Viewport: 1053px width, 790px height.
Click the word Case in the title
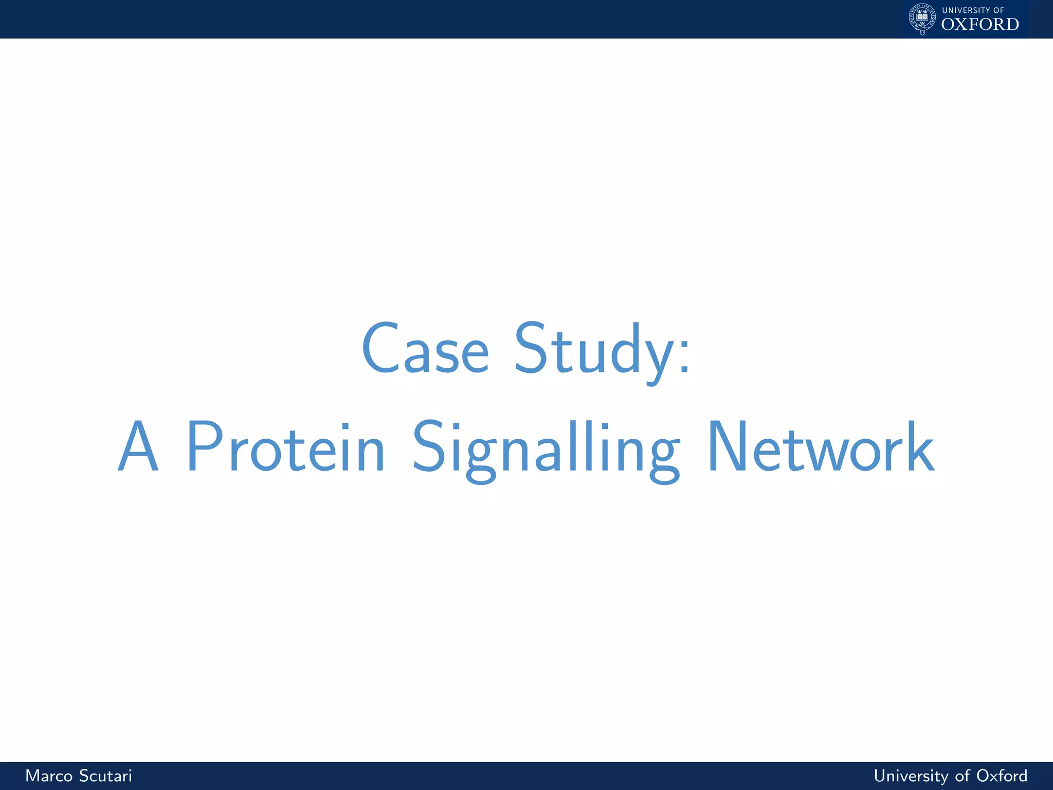coord(425,349)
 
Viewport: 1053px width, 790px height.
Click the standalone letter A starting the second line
coord(138,446)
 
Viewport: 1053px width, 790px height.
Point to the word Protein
coord(285,446)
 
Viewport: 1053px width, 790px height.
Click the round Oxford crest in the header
coord(922,19)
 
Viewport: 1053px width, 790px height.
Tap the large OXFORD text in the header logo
coord(980,24)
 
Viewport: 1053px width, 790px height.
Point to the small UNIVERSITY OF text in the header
coord(973,10)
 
